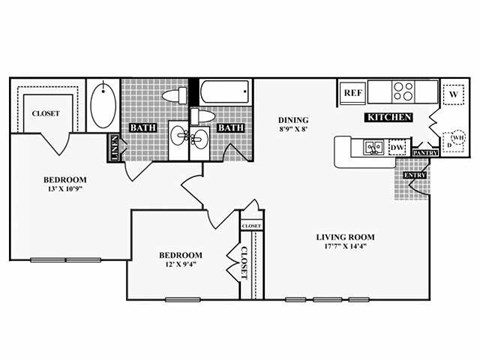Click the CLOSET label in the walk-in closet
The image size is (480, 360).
(x=45, y=113)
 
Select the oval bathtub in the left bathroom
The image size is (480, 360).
(x=103, y=106)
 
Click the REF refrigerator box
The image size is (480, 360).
(x=352, y=92)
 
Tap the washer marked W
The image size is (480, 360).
(x=453, y=92)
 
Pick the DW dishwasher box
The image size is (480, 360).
(x=397, y=148)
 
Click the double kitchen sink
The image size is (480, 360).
(x=374, y=148)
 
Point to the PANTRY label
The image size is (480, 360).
(x=427, y=153)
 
